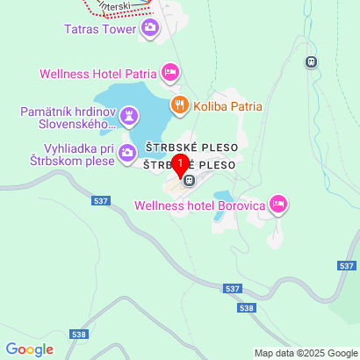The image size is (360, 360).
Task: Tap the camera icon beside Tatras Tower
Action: (150, 29)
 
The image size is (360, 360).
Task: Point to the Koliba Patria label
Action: (229, 106)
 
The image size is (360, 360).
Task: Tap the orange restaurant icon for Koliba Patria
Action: (180, 106)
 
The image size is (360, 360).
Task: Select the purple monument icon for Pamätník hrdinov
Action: (129, 115)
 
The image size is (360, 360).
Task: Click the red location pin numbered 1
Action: (180, 165)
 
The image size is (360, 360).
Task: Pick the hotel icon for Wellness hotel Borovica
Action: (278, 205)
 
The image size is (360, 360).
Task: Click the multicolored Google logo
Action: (29, 349)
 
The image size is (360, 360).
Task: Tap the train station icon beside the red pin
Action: (190, 180)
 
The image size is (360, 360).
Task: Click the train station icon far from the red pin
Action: (310, 61)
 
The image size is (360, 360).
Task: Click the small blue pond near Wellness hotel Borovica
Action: (225, 197)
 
